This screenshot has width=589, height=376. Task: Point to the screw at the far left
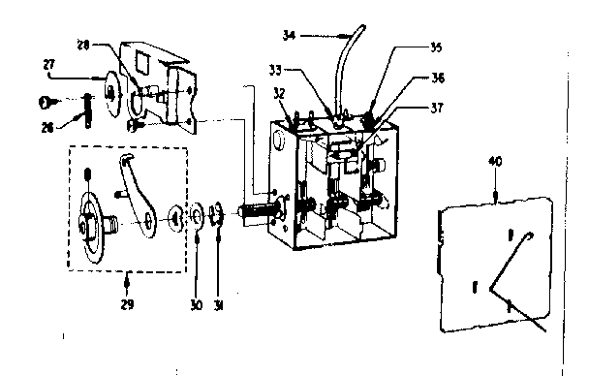coord(46,101)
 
